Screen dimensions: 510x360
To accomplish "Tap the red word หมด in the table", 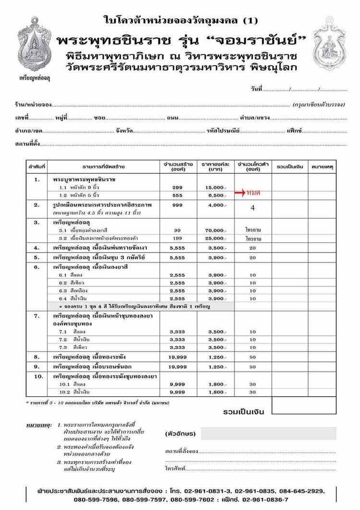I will (253, 193).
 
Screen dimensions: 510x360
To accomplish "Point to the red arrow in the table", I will (240, 193).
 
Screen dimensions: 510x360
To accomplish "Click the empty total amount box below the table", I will (303, 406).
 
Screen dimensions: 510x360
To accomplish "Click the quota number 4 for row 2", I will (252, 208).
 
